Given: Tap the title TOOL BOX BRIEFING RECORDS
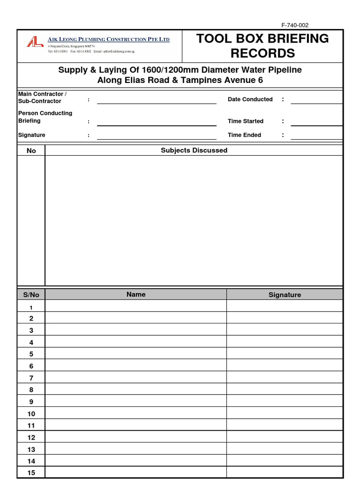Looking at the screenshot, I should pyautogui.click(x=262, y=46).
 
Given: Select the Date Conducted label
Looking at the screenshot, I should pyautogui.click(x=250, y=99).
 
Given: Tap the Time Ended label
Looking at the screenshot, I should pyautogui.click(x=244, y=135).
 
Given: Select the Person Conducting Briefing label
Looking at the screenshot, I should pyautogui.click(x=45, y=117).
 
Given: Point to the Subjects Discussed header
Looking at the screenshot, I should pyautogui.click(x=194, y=150).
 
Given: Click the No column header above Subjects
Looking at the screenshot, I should pyautogui.click(x=31, y=150).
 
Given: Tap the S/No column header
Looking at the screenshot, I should pyautogui.click(x=31, y=294).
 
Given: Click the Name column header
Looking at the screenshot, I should pyautogui.click(x=136, y=294).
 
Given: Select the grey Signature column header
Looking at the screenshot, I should pyautogui.click(x=285, y=294).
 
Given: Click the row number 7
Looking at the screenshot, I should pyautogui.click(x=31, y=378).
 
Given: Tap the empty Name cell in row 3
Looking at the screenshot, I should pyautogui.click(x=136, y=330).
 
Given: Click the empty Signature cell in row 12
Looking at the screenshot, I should pyautogui.click(x=285, y=437).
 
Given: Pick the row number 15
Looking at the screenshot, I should pyautogui.click(x=31, y=472).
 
